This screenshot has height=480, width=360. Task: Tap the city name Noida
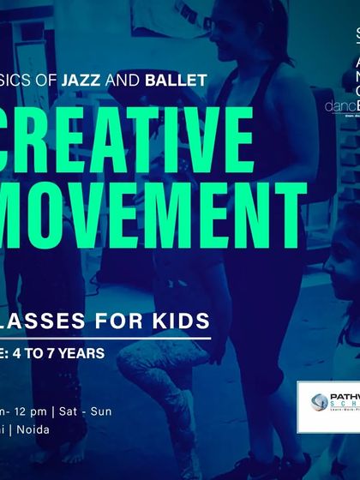pyautogui.click(x=33, y=429)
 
